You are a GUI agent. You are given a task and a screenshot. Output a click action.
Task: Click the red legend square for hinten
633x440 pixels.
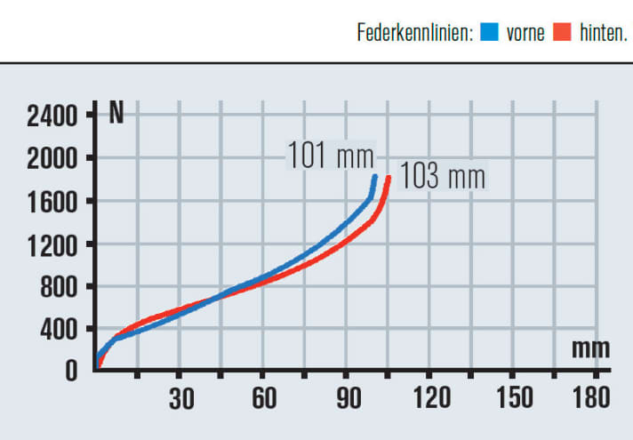tap(562, 35)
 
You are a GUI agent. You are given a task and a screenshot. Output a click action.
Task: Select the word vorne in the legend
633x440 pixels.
tap(525, 35)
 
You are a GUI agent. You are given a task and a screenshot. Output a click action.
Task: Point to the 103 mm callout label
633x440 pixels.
tap(442, 176)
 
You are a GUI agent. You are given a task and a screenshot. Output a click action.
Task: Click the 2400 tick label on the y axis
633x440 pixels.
tap(52, 115)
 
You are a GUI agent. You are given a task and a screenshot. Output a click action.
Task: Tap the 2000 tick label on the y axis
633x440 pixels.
tap(52, 158)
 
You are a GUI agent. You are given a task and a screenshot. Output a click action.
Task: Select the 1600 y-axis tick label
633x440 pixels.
tap(52, 201)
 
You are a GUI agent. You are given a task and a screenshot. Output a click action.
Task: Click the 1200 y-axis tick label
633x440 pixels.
tap(52, 244)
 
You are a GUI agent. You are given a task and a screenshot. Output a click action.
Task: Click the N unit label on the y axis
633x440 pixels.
tap(116, 115)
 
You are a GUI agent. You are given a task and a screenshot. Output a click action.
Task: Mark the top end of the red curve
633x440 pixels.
tap(389, 179)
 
